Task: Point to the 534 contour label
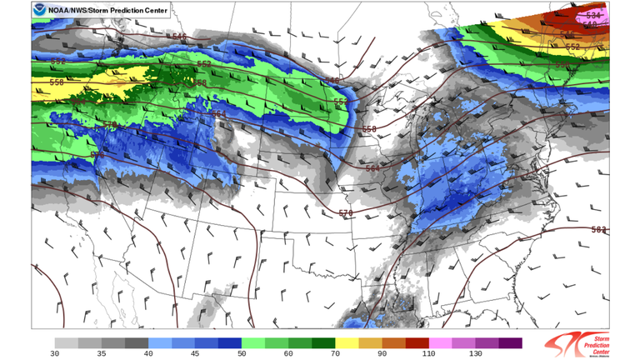[x=593, y=15]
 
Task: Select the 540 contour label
[x=332, y=81]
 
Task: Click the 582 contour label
[x=598, y=229]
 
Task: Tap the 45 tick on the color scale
[x=195, y=354]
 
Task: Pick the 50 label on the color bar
[x=242, y=354]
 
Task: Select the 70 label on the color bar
[x=335, y=354]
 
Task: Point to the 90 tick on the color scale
[x=382, y=354]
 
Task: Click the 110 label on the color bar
[x=429, y=354]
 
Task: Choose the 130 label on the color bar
[x=476, y=354]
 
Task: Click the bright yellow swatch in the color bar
[x=347, y=342]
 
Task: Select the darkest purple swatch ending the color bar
[x=511, y=342]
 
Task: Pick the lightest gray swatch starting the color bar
[x=67, y=342]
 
